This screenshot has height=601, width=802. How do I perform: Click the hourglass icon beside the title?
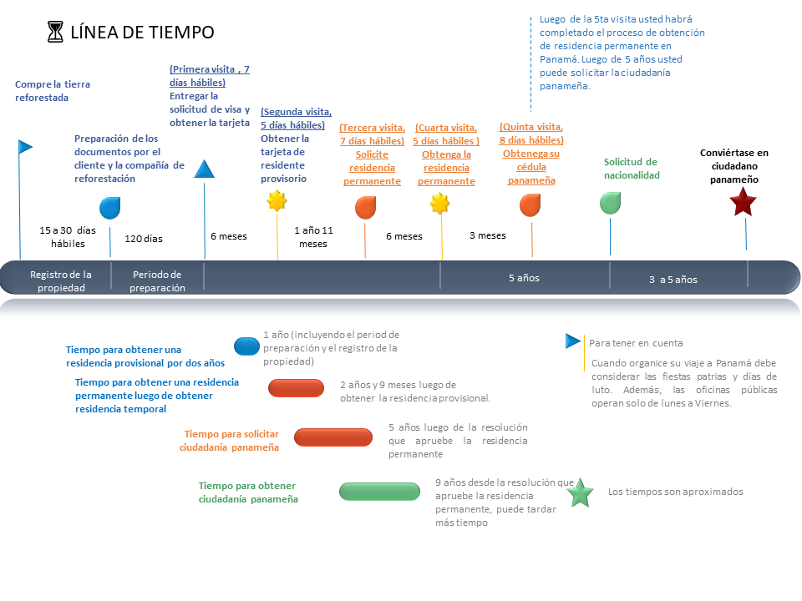pos(55,32)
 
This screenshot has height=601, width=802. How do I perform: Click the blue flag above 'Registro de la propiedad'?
pos(25,147)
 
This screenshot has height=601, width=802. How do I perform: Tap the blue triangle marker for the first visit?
pos(204,169)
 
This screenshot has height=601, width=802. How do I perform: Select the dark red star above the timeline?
pos(743,201)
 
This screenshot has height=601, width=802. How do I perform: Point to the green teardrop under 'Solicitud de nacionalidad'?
pos(610,203)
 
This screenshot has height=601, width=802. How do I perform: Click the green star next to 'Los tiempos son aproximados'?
pos(580,492)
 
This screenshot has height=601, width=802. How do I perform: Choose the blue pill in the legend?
pos(246,346)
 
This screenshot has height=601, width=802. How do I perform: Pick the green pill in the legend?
pos(379,492)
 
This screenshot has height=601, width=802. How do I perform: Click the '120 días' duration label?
pos(144,239)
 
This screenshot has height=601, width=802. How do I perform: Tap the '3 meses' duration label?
pos(487,235)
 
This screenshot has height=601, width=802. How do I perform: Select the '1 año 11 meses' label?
pos(313,237)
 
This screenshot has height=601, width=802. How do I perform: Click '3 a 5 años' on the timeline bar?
pos(673,280)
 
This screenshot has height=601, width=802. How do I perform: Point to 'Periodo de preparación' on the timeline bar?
pos(157,281)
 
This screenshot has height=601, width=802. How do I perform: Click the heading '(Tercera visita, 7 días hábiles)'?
pos(372,134)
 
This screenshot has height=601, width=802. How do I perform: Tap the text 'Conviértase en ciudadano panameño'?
pos(734,166)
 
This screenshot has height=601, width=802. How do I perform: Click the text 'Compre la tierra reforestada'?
pos(52,91)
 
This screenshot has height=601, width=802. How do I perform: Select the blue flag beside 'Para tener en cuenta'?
pos(573,341)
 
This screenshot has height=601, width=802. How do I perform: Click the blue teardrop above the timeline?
pos(110,208)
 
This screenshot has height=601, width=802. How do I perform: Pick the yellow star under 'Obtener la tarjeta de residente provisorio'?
pos(277,201)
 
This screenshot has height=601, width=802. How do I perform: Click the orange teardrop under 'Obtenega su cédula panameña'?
pos(530,205)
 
